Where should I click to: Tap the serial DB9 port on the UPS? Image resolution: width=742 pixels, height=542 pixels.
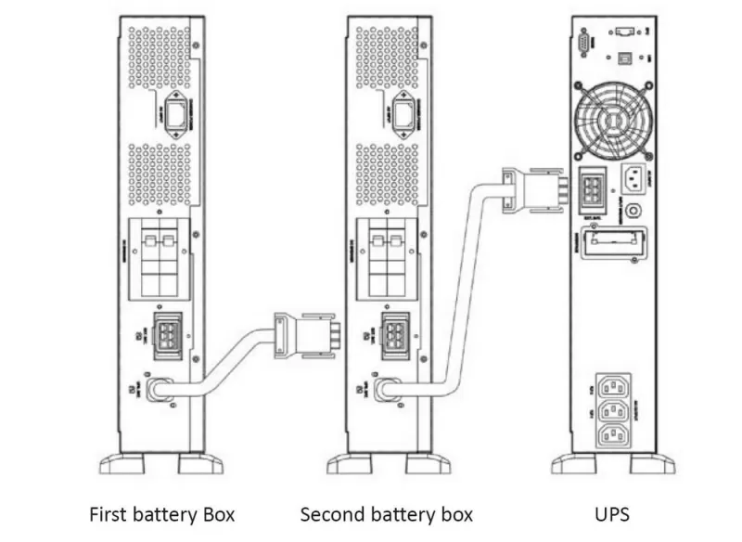[x=582, y=41]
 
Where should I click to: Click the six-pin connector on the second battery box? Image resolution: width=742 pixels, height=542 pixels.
[x=396, y=335]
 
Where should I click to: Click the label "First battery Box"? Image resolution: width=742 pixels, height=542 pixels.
[x=161, y=513]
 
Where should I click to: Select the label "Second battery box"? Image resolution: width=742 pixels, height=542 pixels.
[x=386, y=513]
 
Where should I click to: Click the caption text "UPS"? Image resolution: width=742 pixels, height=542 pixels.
[x=612, y=513]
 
